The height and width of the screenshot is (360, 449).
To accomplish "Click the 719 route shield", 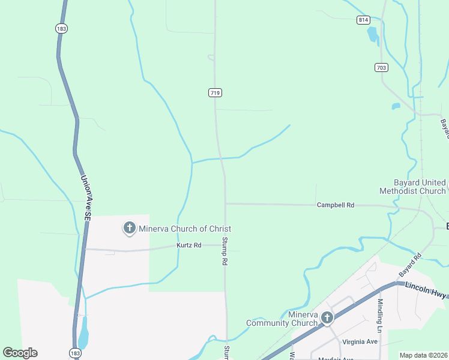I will pyautogui.click(x=215, y=92).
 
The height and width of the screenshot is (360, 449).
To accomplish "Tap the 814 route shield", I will pyautogui.click(x=363, y=20).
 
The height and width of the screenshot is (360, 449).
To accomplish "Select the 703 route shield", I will pyautogui.click(x=381, y=67).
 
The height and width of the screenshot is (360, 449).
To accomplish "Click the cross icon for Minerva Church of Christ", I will pyautogui.click(x=129, y=228).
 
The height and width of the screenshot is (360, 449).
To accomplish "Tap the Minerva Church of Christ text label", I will pyautogui.click(x=185, y=229).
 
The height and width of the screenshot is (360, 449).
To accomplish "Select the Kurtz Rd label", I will pyautogui.click(x=189, y=245).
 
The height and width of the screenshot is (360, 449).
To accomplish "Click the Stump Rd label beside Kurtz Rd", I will pyautogui.click(x=224, y=251).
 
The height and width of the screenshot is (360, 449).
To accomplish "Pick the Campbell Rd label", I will pyautogui.click(x=336, y=205).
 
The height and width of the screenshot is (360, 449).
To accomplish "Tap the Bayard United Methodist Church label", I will pyautogui.click(x=412, y=187).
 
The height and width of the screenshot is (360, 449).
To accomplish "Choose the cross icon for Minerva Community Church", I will pyautogui.click(x=327, y=317).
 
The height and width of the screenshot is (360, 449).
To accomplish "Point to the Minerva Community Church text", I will pyautogui.click(x=282, y=319).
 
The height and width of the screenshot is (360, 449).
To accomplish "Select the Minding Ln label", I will pyautogui.click(x=380, y=315).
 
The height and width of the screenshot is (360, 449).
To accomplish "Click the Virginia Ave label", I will pyautogui.click(x=360, y=341).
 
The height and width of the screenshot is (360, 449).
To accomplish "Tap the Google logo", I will pyautogui.click(x=20, y=353).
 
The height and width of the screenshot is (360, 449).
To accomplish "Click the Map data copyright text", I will pyautogui.click(x=424, y=355).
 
